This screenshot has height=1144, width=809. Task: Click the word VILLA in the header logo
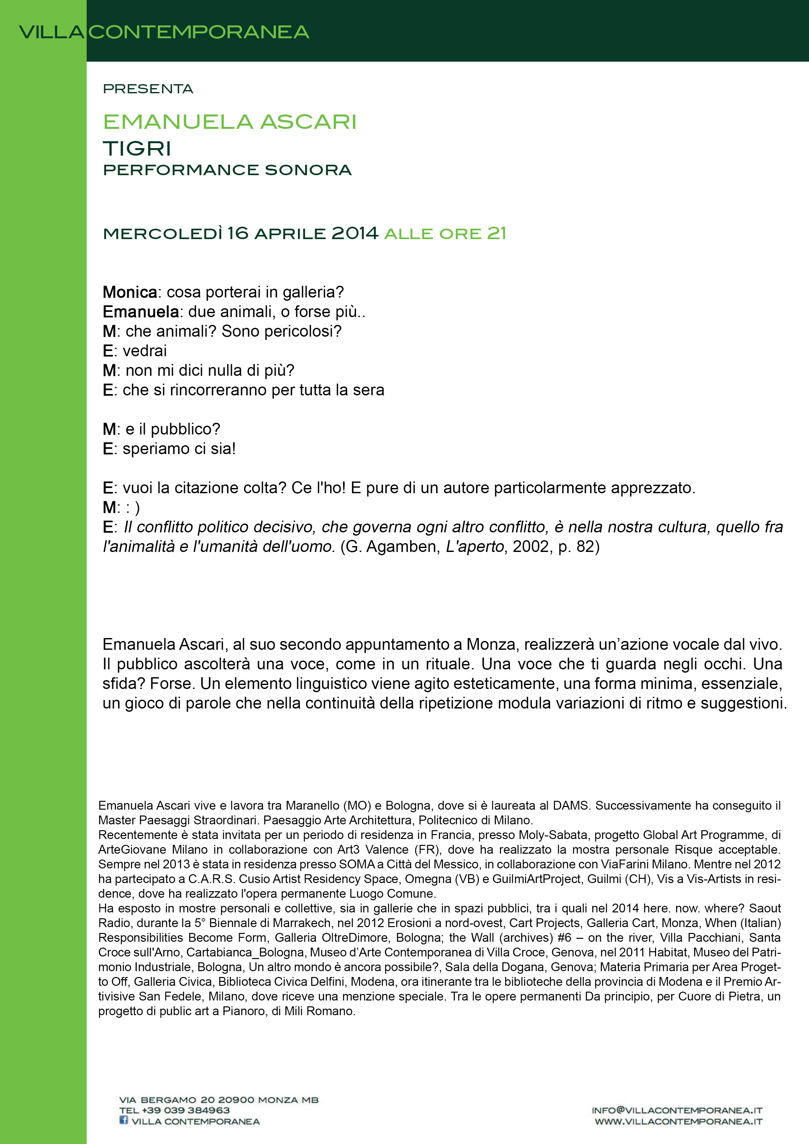click(51, 32)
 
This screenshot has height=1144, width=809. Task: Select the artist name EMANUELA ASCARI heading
click(230, 122)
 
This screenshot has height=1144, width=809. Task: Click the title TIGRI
click(137, 148)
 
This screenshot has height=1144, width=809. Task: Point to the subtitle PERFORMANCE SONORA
click(227, 170)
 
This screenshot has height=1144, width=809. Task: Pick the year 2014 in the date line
click(355, 233)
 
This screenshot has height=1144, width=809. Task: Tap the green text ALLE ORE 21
click(445, 234)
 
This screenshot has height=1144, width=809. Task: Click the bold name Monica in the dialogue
click(130, 292)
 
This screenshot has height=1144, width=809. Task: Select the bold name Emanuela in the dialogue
click(141, 312)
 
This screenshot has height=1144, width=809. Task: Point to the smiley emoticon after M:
click(132, 508)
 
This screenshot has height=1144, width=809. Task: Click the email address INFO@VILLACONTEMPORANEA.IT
click(677, 1110)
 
